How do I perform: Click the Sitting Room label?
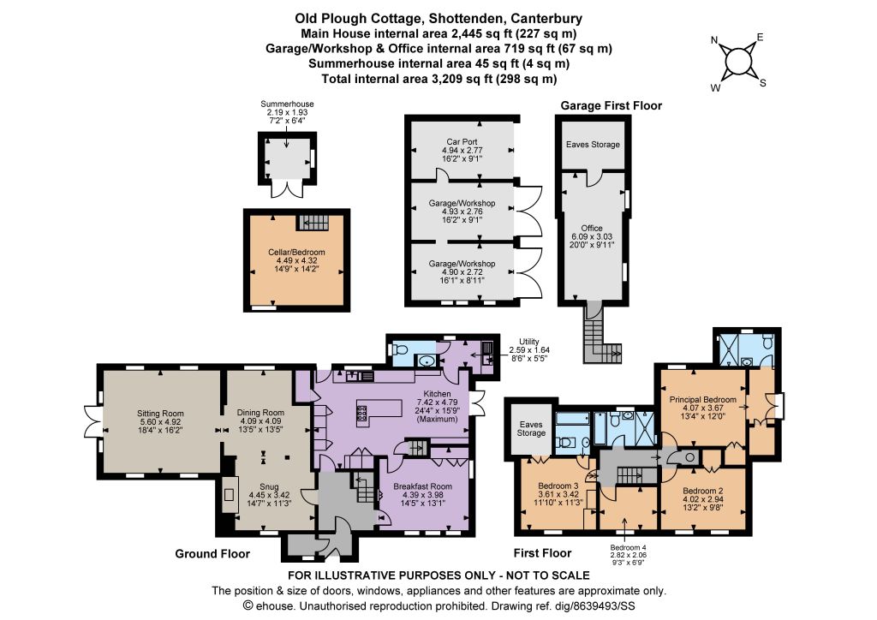[x=160, y=414]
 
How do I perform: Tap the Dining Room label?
[x=260, y=413]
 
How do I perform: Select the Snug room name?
[x=269, y=486]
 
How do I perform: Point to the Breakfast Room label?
[x=423, y=486]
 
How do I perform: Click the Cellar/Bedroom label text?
[x=296, y=252]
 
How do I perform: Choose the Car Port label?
[x=462, y=142]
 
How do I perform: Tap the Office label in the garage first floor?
[x=592, y=228]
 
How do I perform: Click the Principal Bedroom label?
[x=703, y=400]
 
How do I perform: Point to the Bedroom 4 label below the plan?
[x=628, y=547]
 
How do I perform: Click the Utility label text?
[x=529, y=342]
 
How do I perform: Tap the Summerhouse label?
[x=287, y=104]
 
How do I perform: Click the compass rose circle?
[x=739, y=61]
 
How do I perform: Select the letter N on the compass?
[x=714, y=40]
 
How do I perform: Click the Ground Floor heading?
[x=212, y=553]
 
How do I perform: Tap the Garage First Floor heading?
[x=612, y=105]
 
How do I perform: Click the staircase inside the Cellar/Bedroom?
[x=313, y=223]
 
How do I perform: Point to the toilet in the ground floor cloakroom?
[x=400, y=350]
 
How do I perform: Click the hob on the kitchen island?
[x=361, y=413]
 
